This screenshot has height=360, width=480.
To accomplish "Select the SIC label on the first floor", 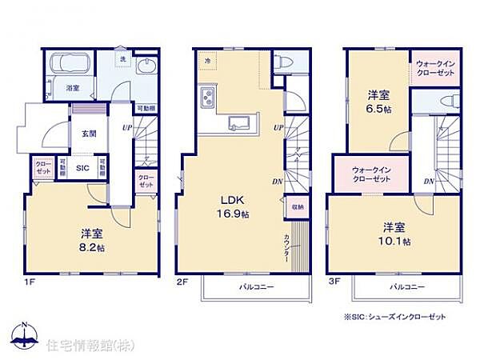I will [82, 168].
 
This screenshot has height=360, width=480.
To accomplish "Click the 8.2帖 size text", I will [91, 248].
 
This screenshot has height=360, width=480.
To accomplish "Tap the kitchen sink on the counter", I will [238, 122].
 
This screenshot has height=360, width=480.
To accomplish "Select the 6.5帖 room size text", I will [378, 110].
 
